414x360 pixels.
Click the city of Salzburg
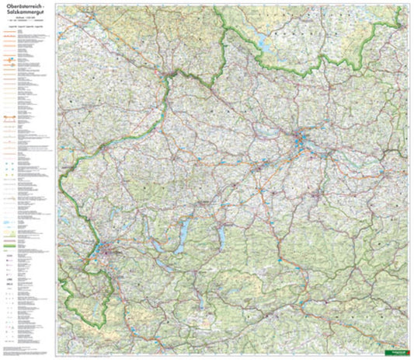tap(105, 250)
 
